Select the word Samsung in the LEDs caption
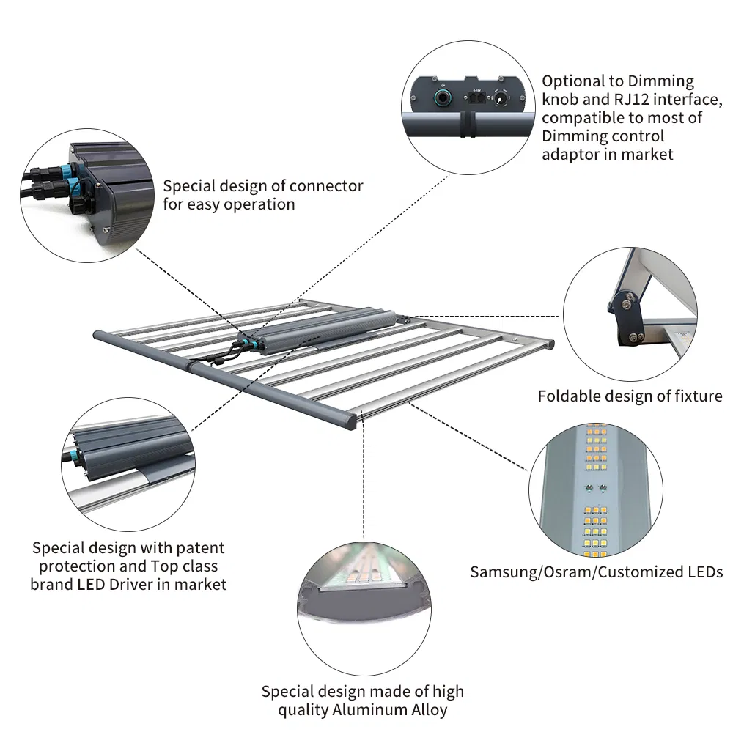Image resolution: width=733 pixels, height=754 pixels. tap(504, 572)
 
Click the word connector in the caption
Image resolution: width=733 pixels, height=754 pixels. tap(326, 186)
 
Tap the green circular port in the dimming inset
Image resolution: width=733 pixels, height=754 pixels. tap(443, 97)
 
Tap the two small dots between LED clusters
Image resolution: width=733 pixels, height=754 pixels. tap(594, 487)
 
